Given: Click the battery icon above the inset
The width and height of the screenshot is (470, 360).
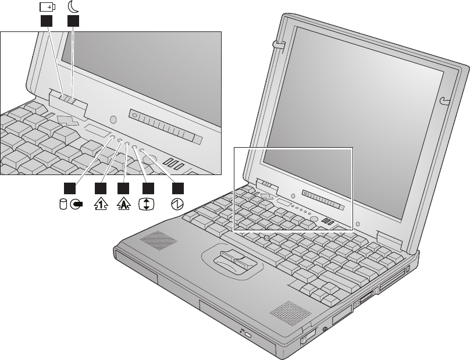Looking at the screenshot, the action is coord(47,7).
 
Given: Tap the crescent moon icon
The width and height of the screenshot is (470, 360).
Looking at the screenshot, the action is coord(74,7).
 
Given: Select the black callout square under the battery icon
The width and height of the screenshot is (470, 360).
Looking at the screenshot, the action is coord(47,22).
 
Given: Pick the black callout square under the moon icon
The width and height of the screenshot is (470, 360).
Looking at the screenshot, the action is coord(73,22).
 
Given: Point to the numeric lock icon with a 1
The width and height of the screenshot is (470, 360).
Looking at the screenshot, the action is coord(102,203).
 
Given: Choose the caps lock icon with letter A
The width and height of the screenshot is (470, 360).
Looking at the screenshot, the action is coord(123,203).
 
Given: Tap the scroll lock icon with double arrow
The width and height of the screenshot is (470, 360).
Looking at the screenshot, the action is coord(148,204).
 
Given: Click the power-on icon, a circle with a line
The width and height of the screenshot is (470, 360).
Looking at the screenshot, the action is coord(178,204).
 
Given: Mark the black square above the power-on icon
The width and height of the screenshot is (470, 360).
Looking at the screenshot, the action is coord(178,188).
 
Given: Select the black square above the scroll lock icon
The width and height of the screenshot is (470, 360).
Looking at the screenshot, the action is coord(148,188).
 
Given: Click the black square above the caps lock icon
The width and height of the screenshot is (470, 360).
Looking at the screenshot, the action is coord(123,188).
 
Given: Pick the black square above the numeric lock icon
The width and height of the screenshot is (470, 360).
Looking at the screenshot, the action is coord(101,188).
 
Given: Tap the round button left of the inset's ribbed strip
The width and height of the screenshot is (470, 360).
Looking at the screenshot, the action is coord(113,120).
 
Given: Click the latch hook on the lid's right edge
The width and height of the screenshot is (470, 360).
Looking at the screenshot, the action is coord(445,101).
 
